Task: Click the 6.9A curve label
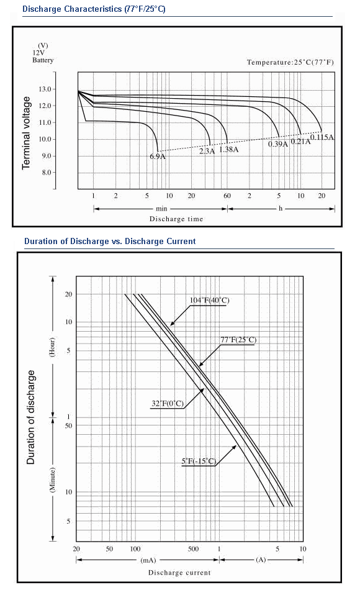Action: (x=158, y=156)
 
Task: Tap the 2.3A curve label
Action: (x=207, y=151)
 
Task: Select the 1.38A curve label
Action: (x=229, y=149)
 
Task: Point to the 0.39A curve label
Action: (x=277, y=144)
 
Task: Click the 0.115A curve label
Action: (x=322, y=137)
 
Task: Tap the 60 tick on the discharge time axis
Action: (x=227, y=196)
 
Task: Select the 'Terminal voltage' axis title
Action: (x=26, y=133)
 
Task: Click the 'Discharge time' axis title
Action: (x=176, y=219)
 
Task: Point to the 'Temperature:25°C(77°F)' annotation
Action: (x=290, y=62)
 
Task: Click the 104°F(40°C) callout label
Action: (x=210, y=300)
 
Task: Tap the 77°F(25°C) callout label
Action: (x=238, y=340)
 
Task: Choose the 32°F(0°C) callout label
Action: (x=168, y=403)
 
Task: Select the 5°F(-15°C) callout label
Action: (x=199, y=461)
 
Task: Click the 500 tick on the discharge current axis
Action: (x=193, y=548)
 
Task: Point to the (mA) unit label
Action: (x=148, y=560)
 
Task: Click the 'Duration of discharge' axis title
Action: (x=30, y=417)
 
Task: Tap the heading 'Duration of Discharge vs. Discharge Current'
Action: (x=110, y=242)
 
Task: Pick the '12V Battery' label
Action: (x=43, y=57)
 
